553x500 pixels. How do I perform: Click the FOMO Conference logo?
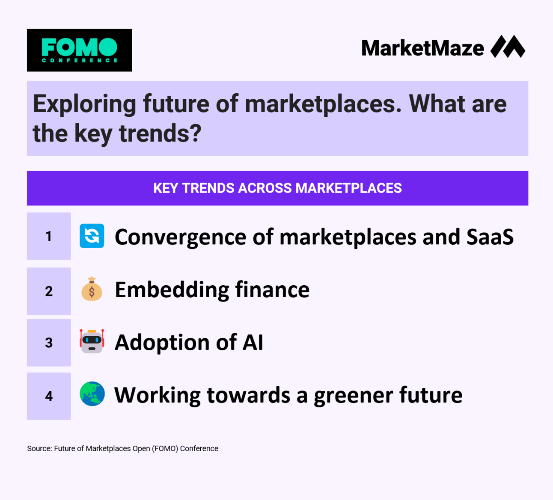click(79, 50)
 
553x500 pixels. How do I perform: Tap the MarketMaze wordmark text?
click(422, 48)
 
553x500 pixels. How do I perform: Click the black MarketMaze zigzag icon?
click(508, 46)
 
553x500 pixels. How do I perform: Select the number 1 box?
click(49, 236)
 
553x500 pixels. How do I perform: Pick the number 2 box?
click(49, 291)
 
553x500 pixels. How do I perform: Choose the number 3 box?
click(49, 343)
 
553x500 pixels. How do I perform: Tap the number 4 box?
click(49, 396)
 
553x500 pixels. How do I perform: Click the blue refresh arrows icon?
click(92, 236)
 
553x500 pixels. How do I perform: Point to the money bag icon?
click(92, 289)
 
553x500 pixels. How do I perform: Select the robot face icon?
click(92, 341)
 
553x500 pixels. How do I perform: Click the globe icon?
click(92, 393)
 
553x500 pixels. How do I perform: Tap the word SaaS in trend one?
click(490, 237)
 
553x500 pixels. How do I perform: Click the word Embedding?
click(172, 290)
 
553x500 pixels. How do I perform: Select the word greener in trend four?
click(354, 396)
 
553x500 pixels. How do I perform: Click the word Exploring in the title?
click(84, 105)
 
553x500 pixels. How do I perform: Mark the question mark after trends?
click(196, 133)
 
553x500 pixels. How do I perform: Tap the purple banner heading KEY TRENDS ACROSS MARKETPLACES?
click(277, 188)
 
